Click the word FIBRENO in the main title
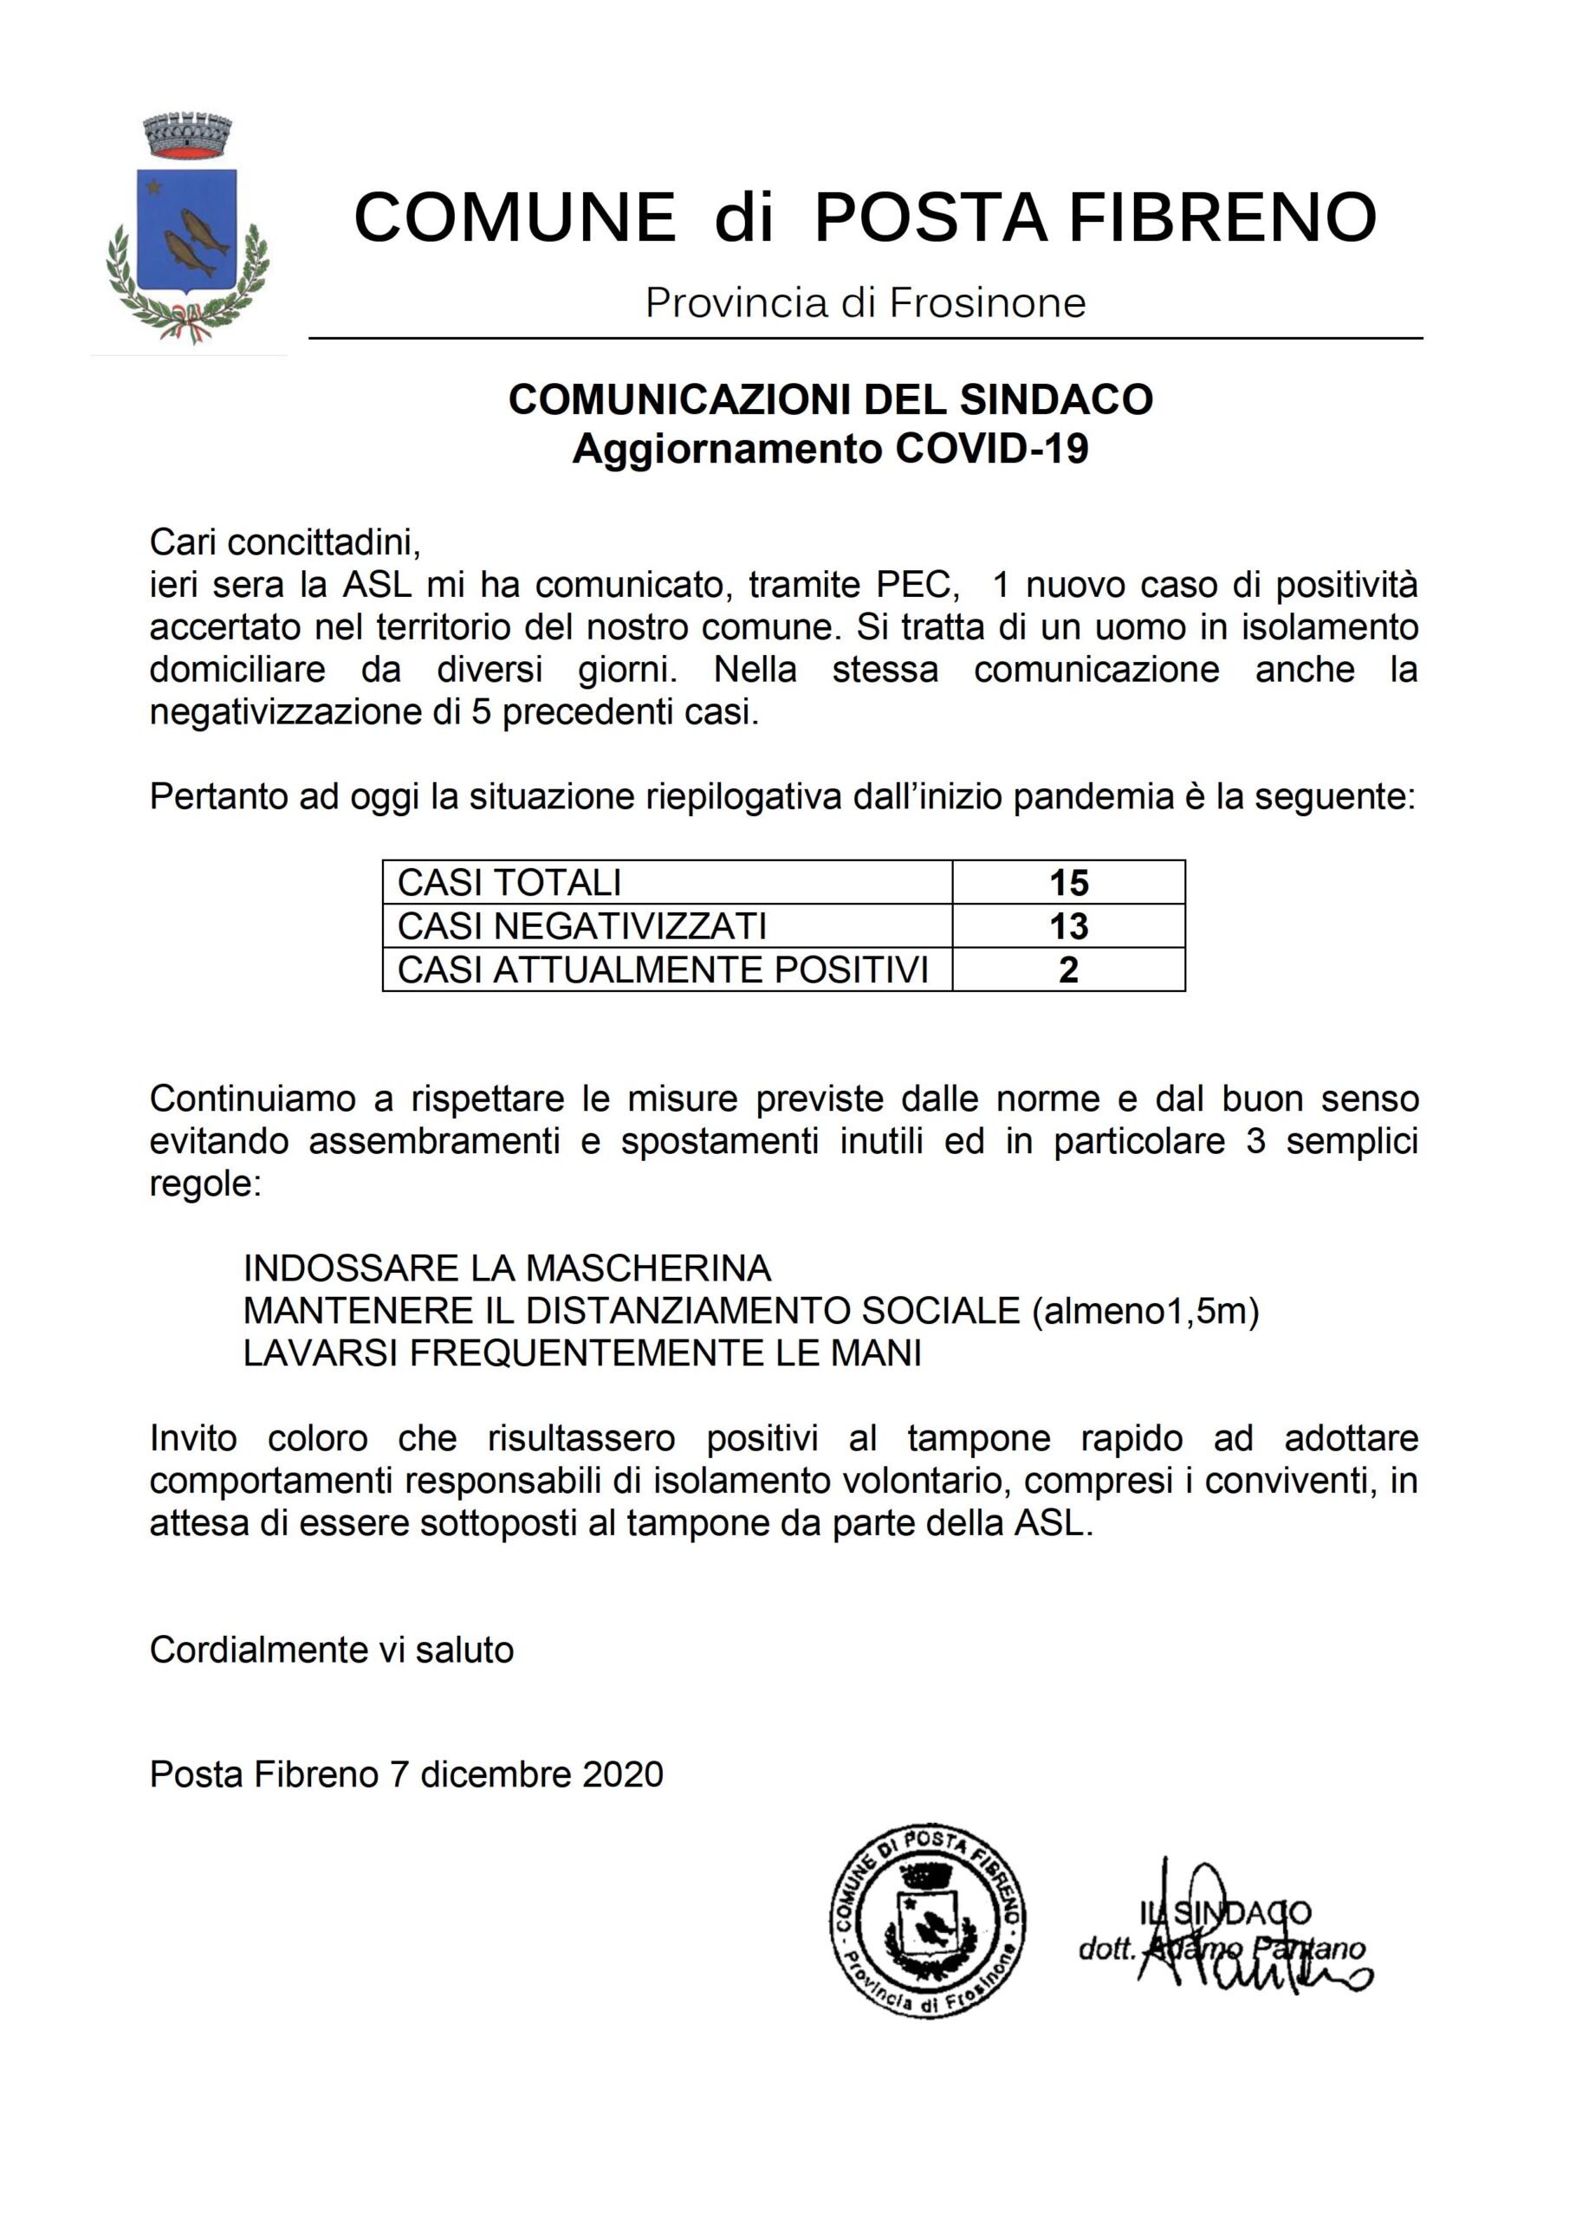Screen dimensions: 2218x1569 tap(1222, 217)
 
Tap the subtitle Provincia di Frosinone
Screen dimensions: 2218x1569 tap(865, 303)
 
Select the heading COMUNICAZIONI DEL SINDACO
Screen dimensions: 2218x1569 tap(830, 399)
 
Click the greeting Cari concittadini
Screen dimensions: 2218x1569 tap(285, 543)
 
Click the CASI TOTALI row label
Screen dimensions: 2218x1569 tap(509, 882)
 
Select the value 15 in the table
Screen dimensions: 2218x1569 tap(1068, 882)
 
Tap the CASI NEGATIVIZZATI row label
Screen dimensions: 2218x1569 tap(581, 925)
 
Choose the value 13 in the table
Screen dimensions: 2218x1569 tap(1068, 925)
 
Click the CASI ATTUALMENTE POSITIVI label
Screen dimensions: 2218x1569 tap(663, 969)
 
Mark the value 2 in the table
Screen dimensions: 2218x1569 tap(1067, 969)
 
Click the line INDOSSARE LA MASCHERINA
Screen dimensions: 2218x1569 tap(507, 1268)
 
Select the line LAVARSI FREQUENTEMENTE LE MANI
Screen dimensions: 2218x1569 tap(581, 1353)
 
